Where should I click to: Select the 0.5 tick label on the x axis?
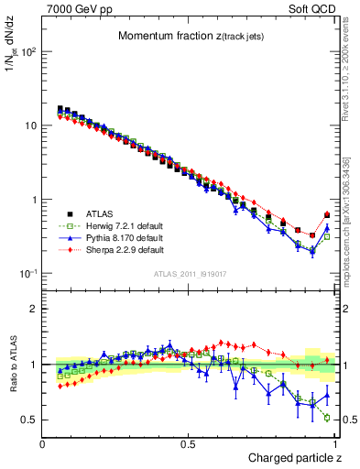pos(189,443)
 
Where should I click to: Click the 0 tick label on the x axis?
pos(43,443)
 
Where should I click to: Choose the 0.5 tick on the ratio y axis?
pos(29,420)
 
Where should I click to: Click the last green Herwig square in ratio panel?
pos(327,418)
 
